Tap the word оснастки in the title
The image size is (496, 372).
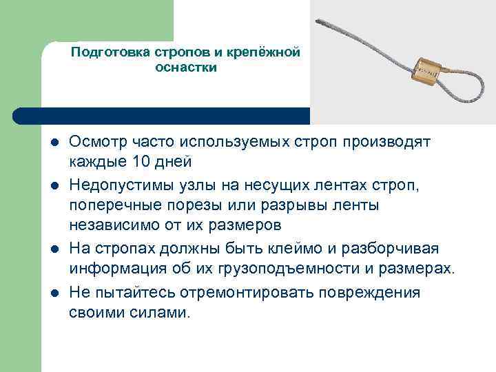tap(186, 68)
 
